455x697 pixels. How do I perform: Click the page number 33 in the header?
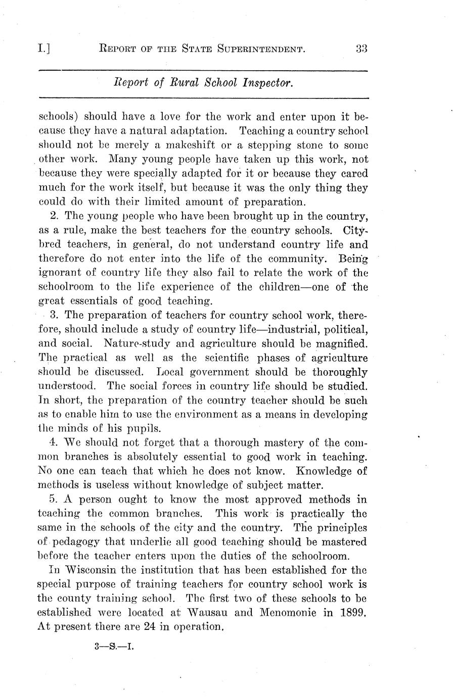pos(361,49)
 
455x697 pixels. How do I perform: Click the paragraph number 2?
pos(54,216)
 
